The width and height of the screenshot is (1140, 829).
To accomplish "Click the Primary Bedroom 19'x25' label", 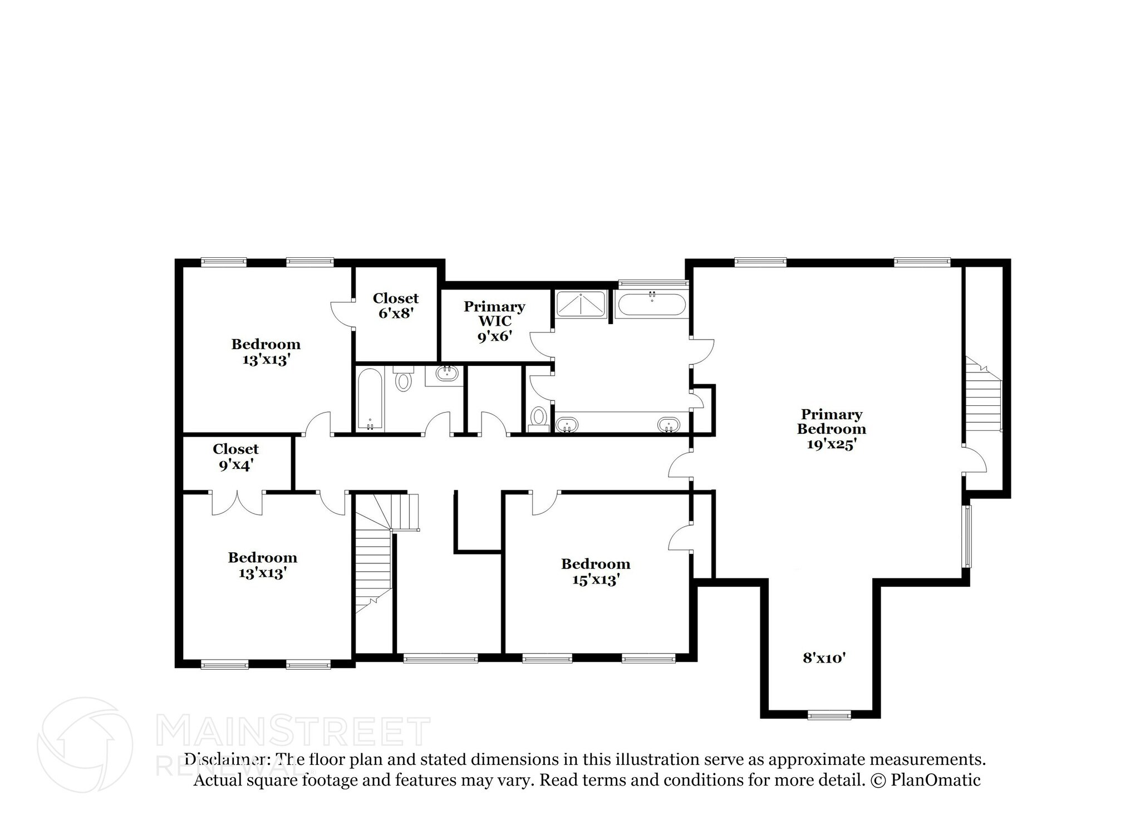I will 831,429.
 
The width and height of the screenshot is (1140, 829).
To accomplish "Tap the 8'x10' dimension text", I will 824,658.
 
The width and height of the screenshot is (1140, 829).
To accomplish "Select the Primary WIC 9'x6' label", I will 494,321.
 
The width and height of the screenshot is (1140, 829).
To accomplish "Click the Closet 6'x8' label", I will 395,306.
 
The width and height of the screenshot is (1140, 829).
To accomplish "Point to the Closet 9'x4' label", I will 235,457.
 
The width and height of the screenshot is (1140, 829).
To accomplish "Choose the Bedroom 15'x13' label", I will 596,572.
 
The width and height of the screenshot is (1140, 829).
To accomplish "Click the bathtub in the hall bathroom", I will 370,399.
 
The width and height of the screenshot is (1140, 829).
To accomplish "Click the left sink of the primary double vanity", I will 567,425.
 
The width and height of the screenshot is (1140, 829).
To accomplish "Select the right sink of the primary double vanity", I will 669,425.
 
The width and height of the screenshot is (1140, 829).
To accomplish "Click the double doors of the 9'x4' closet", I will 237,502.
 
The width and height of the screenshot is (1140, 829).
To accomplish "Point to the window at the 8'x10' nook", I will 829,715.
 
